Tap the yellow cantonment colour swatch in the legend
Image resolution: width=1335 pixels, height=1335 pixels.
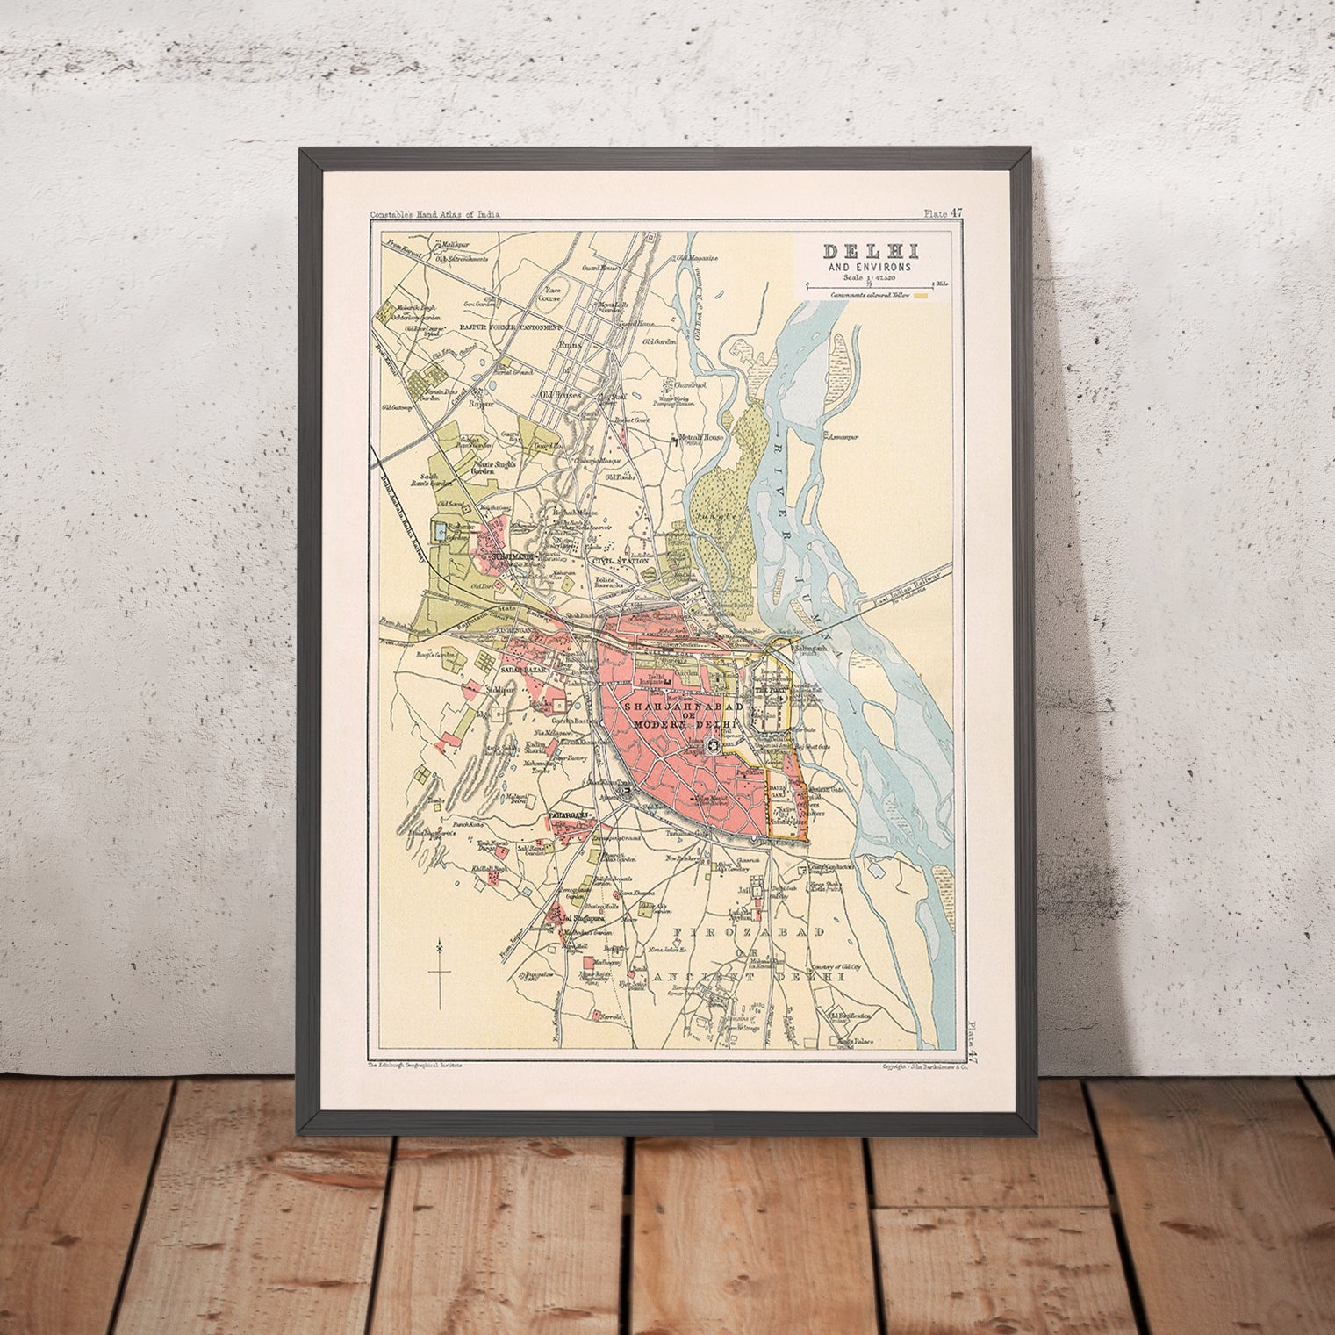click(922, 297)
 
